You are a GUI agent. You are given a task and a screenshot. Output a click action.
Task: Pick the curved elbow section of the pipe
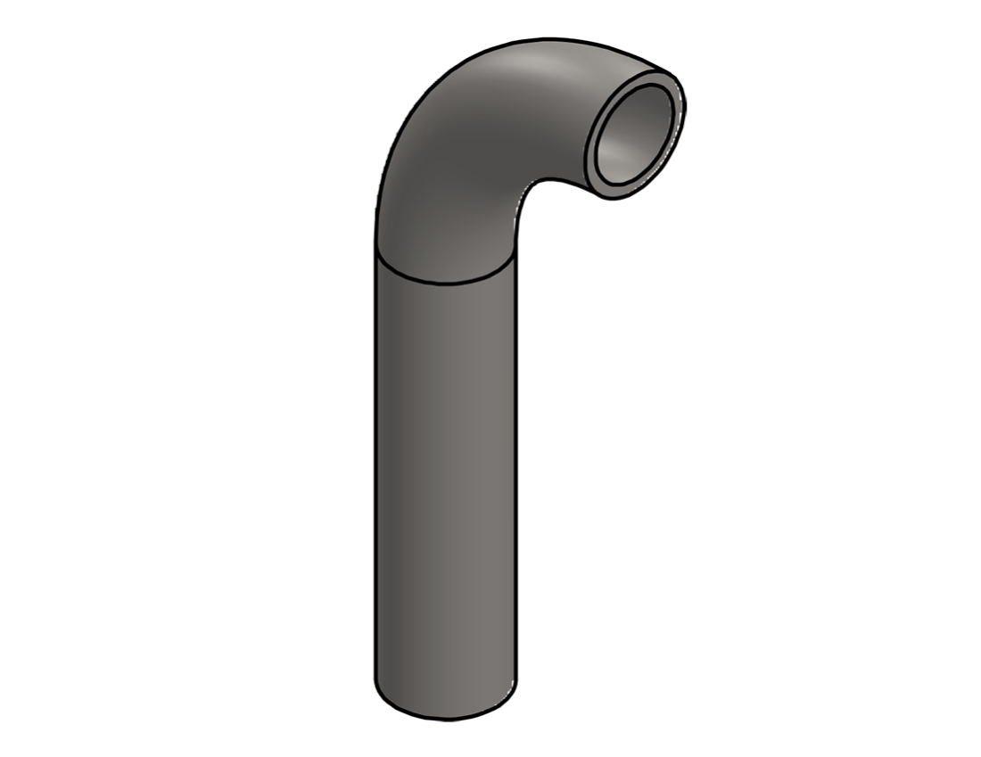[464, 152]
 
